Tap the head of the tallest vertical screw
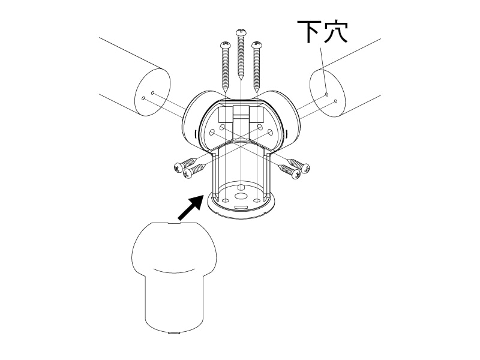tap(242, 32)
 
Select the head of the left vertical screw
tap(226, 44)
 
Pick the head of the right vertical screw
tap(258, 44)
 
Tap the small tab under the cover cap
tap(174, 332)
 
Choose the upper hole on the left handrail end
tap(154, 93)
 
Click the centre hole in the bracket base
tap(241, 196)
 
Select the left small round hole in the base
tap(224, 200)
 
